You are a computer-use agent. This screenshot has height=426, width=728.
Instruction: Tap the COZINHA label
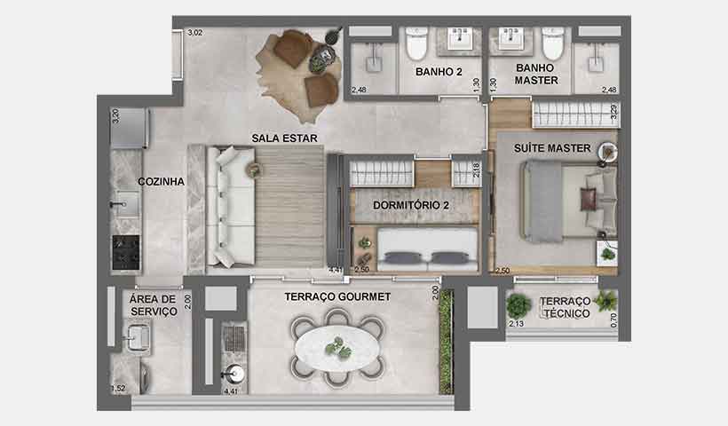[x=161, y=181]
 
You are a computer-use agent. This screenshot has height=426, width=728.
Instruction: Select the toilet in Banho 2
[x=415, y=42]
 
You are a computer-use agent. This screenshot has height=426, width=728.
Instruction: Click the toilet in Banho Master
[x=552, y=42]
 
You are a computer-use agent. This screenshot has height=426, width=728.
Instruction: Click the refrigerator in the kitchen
[x=129, y=129]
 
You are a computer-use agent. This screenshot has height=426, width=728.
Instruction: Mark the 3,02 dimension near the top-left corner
[x=195, y=34]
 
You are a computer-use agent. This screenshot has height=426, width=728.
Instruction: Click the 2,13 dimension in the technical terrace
[x=517, y=324]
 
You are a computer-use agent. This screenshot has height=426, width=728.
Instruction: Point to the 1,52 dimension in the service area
[x=117, y=388]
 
